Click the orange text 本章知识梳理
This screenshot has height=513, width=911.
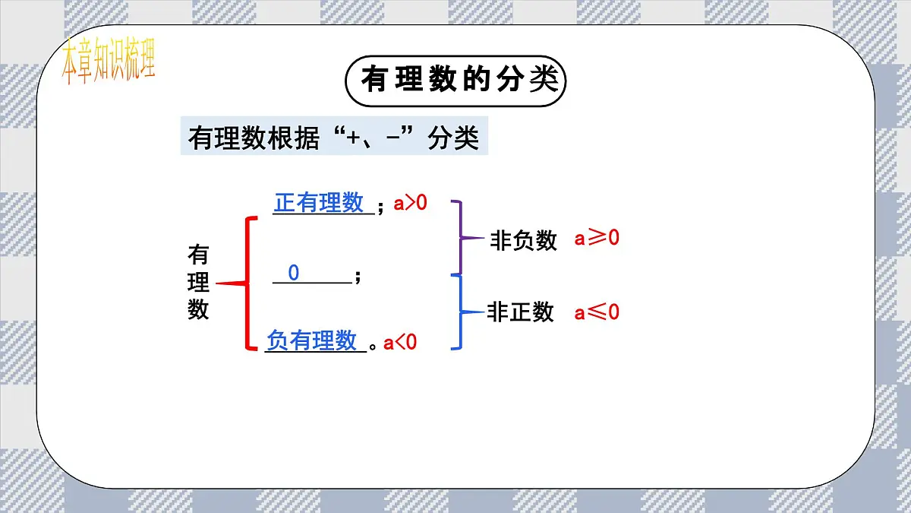(x=108, y=62)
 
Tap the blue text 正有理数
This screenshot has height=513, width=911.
(x=319, y=203)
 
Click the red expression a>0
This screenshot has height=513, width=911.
(x=410, y=203)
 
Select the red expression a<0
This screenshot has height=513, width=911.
(x=400, y=343)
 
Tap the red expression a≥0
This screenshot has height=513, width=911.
(x=597, y=238)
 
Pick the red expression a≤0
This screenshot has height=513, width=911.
(x=597, y=312)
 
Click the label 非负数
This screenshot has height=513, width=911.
(x=524, y=241)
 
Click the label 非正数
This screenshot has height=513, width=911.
(x=521, y=312)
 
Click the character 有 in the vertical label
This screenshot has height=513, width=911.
(x=198, y=255)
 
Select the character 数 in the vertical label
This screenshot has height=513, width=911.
(x=198, y=310)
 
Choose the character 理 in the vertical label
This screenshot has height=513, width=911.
(x=198, y=283)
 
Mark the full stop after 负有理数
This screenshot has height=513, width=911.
(x=373, y=347)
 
